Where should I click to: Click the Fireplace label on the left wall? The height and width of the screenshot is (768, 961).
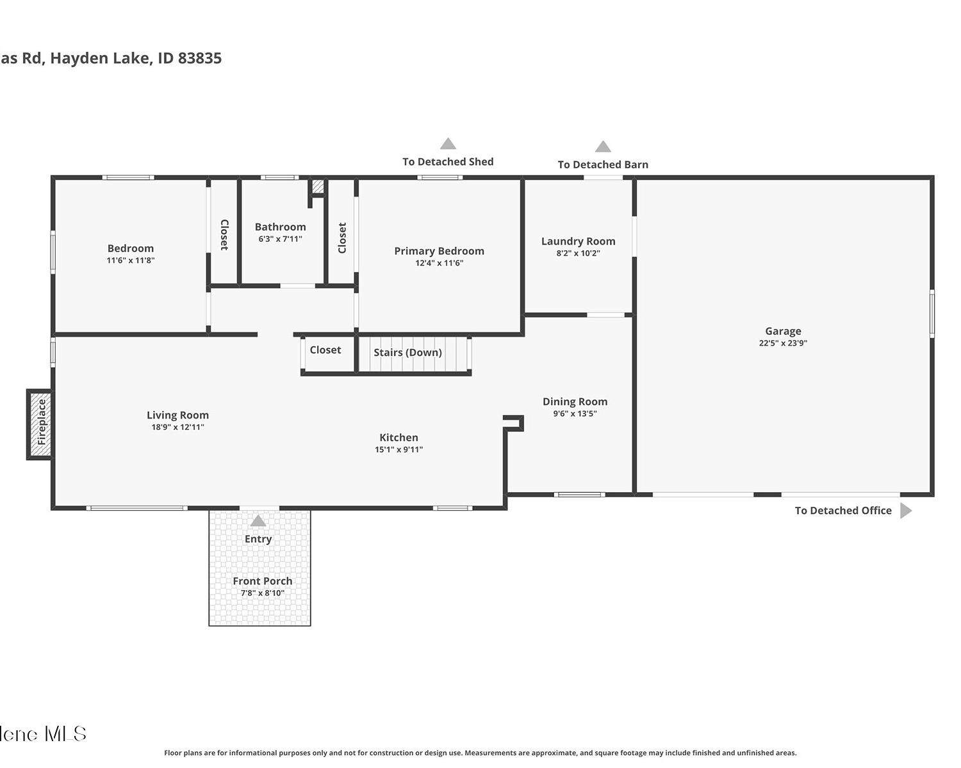point(42,422)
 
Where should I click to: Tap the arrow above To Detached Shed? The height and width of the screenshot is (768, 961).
point(448,144)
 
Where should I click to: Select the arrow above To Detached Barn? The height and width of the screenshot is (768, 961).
point(603,147)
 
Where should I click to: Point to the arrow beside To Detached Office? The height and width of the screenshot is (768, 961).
point(906,511)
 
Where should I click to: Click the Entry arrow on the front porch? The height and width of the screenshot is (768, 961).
point(258,521)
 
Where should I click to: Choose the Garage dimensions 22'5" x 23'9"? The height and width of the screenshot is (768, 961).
point(783,343)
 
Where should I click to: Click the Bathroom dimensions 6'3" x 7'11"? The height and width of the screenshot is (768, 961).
point(281,239)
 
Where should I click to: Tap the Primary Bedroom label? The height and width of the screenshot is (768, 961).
point(439,251)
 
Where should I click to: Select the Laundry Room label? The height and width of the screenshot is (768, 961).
point(579,241)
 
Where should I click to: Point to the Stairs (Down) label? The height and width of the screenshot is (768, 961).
point(407,353)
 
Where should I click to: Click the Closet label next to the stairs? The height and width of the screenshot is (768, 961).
point(325,350)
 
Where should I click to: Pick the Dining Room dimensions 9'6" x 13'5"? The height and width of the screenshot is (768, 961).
point(575,413)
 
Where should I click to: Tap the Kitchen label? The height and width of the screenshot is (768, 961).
point(398,437)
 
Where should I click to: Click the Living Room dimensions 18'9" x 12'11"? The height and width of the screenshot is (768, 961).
point(177,427)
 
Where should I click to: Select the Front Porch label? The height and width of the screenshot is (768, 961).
point(263,581)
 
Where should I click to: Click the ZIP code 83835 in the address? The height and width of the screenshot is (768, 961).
point(200,58)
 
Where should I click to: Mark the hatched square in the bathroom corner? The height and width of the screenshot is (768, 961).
point(318,186)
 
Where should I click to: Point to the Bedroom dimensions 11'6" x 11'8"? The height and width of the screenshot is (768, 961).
point(131,260)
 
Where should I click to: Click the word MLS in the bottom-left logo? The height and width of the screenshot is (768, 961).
point(65,734)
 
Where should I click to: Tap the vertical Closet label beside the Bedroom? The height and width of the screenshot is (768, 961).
point(224,235)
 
